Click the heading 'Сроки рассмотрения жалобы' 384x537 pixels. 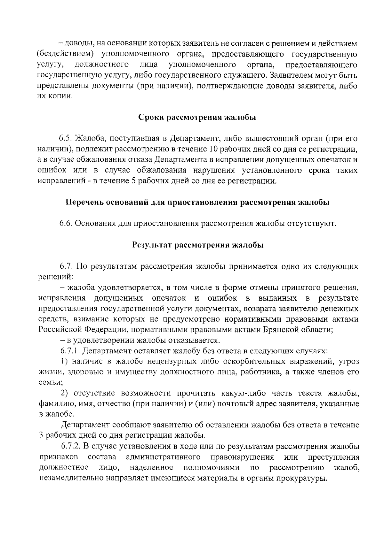pos(197,118)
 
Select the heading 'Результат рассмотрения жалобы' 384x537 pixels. pos(198,245)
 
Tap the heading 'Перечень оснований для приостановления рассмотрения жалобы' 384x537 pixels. pos(197,203)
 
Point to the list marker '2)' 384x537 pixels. pos(65,393)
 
